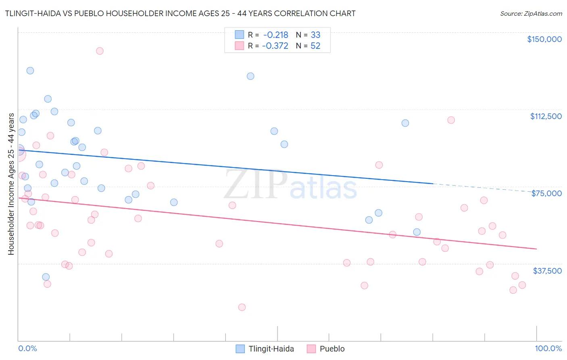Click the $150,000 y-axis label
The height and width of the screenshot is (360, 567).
(544, 39)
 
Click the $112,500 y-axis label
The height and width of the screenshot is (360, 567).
(546, 116)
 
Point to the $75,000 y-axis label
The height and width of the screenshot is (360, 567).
(546, 193)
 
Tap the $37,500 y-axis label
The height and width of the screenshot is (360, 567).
(547, 271)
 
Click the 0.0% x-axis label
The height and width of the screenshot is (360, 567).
(27, 349)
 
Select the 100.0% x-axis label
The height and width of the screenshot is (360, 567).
(548, 349)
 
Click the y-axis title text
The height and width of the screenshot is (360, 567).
(11, 184)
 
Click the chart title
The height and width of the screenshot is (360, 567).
(180, 13)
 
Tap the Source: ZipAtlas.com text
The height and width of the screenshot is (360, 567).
(531, 14)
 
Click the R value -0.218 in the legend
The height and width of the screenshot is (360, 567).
(275, 35)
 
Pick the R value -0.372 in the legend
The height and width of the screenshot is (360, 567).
(275, 46)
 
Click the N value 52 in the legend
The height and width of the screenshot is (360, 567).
(315, 46)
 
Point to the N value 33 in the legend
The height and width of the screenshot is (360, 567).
(315, 35)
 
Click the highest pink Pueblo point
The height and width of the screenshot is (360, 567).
(100, 51)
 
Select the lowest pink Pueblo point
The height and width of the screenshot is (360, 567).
(242, 307)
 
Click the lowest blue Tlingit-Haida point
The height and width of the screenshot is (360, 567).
(46, 277)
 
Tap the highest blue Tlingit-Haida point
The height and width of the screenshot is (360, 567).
(30, 71)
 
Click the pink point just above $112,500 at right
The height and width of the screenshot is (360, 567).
(451, 120)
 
